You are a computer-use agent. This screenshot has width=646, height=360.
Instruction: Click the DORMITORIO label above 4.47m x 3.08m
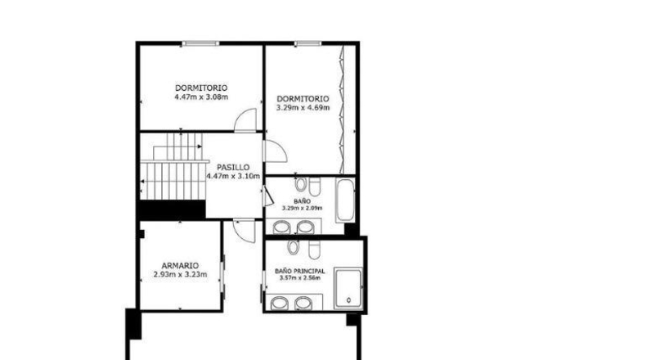[x=201, y=88]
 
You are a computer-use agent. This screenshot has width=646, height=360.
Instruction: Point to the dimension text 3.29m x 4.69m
[x=303, y=108]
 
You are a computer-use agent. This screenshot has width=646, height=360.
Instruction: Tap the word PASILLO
[x=233, y=168]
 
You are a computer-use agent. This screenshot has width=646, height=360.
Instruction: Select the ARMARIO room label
[x=180, y=266]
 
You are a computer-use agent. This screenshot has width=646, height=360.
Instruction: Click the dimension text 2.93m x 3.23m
[x=180, y=275]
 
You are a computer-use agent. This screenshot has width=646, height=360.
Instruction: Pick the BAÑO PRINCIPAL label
[x=300, y=272]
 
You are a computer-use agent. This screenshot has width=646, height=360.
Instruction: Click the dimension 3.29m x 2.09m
[x=302, y=209]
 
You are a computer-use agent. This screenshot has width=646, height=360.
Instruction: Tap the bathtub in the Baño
[x=345, y=200]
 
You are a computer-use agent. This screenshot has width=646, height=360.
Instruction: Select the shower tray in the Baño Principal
[x=348, y=288]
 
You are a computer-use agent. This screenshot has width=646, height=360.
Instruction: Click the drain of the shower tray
[x=349, y=300]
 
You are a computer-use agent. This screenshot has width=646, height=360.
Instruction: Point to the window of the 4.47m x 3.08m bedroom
[x=200, y=43]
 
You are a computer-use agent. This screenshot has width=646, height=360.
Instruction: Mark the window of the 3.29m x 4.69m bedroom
[x=307, y=43]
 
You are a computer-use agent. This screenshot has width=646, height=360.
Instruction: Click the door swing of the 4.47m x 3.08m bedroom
[x=245, y=120]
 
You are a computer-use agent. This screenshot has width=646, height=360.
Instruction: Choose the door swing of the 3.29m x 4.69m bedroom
[x=276, y=151]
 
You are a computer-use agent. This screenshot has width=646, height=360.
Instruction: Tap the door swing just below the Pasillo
[x=244, y=231]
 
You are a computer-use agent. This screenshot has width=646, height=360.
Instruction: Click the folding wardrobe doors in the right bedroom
[x=342, y=110]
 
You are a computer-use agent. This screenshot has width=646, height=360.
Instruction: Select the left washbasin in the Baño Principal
[x=280, y=303]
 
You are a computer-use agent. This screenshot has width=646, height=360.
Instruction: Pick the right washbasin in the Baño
[x=306, y=227]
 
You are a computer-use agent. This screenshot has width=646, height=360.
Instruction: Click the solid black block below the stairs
[x=173, y=210]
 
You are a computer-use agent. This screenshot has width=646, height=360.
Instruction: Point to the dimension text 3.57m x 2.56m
[x=300, y=278]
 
